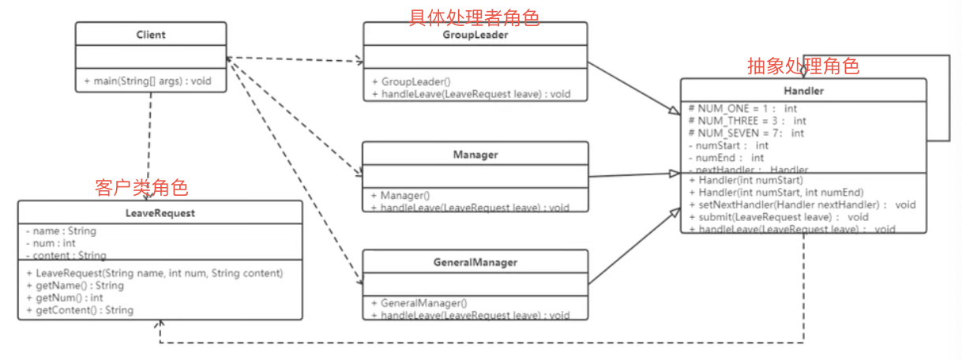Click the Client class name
coord(151,35)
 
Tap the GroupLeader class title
coord(475,35)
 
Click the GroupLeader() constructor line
coord(416,81)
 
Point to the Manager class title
coord(475,155)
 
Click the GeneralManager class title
coord(475,262)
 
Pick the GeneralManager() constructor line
coord(424,302)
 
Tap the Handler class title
coord(803,91)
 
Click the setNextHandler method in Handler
coord(802,204)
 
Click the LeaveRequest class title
coord(160,213)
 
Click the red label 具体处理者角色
coord(474,17)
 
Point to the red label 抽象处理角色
coord(802,66)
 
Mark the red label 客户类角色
coord(141,188)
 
